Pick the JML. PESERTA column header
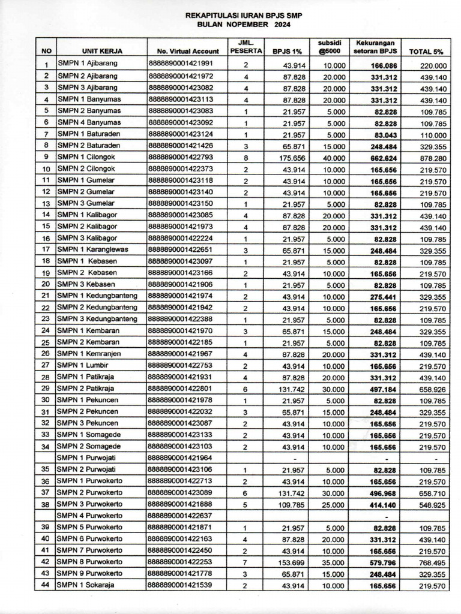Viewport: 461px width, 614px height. point(246,47)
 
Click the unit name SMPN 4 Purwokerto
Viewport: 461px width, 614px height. point(89,515)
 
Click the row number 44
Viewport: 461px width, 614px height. point(46,585)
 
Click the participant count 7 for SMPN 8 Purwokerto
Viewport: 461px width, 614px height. point(246,562)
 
